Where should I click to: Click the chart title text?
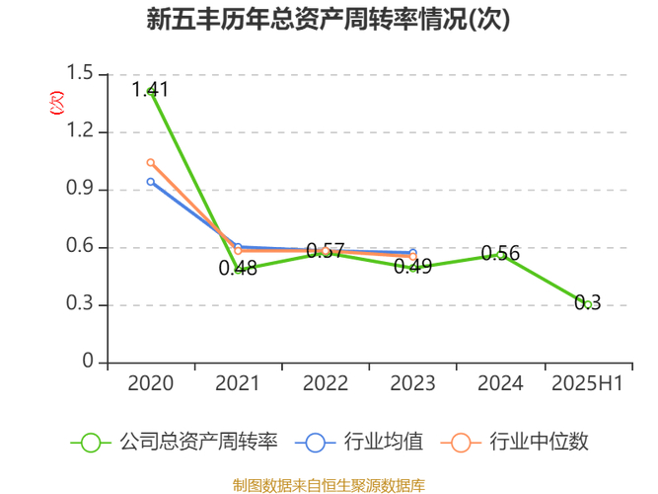[x=329, y=21]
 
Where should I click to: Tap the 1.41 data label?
[x=150, y=90]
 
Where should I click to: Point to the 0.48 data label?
[x=238, y=267]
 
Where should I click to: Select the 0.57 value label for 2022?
[x=325, y=251]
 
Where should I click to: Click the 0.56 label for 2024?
[x=500, y=253]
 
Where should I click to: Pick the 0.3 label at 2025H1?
[x=588, y=303]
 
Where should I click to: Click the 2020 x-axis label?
[x=151, y=383]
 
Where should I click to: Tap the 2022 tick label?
[x=325, y=383]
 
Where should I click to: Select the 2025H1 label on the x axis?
[x=587, y=383]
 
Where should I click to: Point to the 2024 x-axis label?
[x=500, y=383]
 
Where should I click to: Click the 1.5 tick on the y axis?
[x=81, y=74]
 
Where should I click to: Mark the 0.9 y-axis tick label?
[x=81, y=190]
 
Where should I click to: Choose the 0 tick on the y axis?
[x=88, y=363]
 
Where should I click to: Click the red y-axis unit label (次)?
[x=57, y=101]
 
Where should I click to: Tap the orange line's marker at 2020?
[x=151, y=162]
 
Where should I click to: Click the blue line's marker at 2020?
[x=151, y=182]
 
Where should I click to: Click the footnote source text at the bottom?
[x=329, y=484]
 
